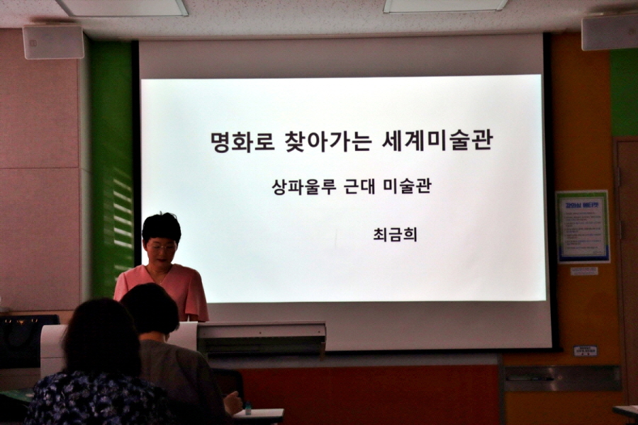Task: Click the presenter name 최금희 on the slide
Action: click(x=395, y=234)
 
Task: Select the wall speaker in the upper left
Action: click(x=53, y=42)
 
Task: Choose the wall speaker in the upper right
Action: click(x=609, y=33)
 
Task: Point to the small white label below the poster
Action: click(x=583, y=271)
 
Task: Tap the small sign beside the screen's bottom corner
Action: click(x=585, y=351)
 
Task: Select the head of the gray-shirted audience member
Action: click(x=150, y=310)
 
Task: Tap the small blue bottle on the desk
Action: click(x=248, y=409)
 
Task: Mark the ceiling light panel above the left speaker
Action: click(x=122, y=7)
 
